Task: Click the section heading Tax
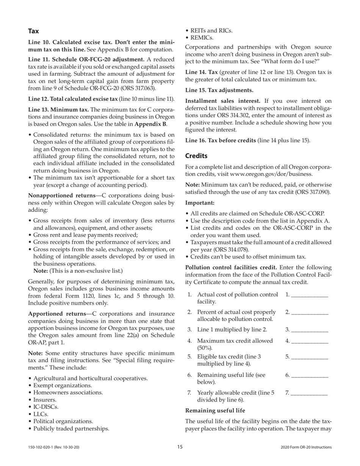[33, 31]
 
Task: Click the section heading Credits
[196, 156]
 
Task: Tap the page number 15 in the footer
[180, 447]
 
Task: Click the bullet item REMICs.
[202, 38]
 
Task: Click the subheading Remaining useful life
[215, 411]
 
